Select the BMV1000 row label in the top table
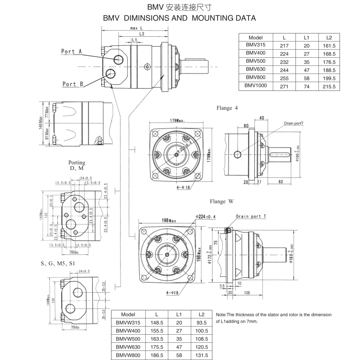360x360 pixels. [x=256, y=86]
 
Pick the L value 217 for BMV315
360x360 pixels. [x=284, y=45]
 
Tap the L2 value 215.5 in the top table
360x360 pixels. [x=329, y=86]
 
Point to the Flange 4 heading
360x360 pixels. [x=227, y=108]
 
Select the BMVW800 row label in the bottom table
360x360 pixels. [x=129, y=356]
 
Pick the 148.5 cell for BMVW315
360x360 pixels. [x=156, y=323]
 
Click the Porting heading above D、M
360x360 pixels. [x=76, y=163]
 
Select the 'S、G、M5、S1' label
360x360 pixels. [x=59, y=263]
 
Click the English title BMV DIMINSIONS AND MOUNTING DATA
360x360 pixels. [x=179, y=18]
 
